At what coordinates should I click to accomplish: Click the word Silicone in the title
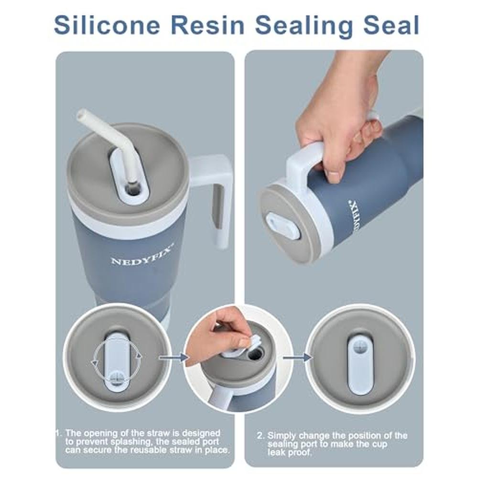107,24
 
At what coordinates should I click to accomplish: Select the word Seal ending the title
391,24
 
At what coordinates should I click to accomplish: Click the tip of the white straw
81,114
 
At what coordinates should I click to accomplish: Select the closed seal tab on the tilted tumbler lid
283,227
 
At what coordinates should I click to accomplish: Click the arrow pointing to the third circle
297,357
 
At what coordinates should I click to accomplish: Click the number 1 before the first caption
58,433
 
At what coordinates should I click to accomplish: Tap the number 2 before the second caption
260,435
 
